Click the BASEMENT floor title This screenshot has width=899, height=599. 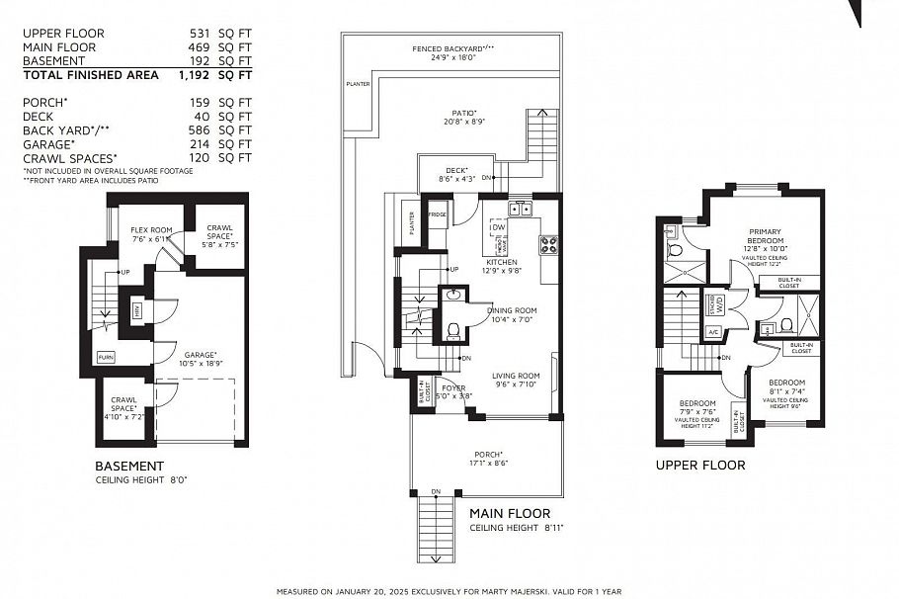click(x=128, y=467)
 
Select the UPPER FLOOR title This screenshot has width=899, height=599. click(x=700, y=465)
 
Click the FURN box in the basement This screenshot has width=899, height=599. click(x=105, y=357)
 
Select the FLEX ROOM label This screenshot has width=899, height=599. click(x=152, y=230)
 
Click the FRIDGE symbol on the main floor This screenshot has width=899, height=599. click(x=437, y=214)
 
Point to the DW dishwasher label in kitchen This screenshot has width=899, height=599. click(x=500, y=226)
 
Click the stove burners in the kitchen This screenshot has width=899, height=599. click(x=549, y=244)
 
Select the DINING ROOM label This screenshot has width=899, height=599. click(x=512, y=310)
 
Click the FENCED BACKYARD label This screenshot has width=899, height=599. click(x=452, y=47)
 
